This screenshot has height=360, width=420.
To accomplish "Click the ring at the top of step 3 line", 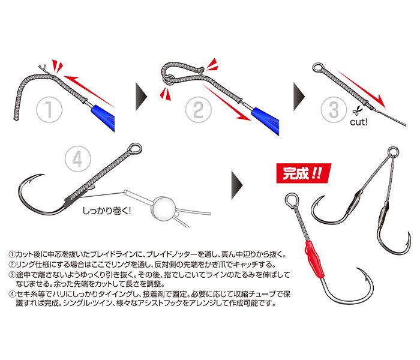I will [317, 68].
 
